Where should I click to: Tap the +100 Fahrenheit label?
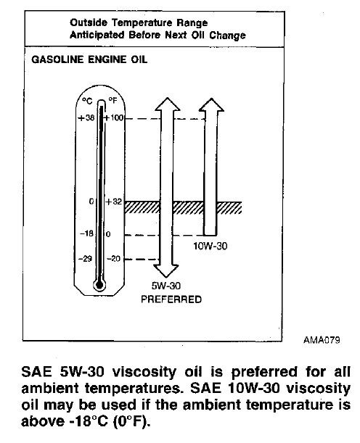tap(114, 117)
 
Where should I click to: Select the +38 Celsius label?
tap(86, 117)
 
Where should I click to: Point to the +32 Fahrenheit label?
tap(114, 202)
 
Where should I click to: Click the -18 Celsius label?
tap(86, 233)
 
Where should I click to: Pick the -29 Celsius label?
tap(85, 259)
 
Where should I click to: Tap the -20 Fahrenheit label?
tap(114, 259)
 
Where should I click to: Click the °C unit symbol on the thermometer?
tap(87, 101)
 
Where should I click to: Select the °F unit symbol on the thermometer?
tap(112, 100)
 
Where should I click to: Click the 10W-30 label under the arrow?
tap(210, 246)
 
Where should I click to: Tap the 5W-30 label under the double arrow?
tap(166, 286)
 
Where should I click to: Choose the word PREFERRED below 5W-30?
tap(171, 299)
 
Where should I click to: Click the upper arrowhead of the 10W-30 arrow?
tap(211, 104)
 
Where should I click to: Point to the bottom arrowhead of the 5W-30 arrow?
tap(165, 271)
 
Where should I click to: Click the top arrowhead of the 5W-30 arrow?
tap(168, 104)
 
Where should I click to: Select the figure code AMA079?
tap(322, 340)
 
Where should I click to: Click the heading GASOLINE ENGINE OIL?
tap(89, 59)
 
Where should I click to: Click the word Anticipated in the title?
tap(97, 35)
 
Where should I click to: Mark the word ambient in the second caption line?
tap(50, 388)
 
